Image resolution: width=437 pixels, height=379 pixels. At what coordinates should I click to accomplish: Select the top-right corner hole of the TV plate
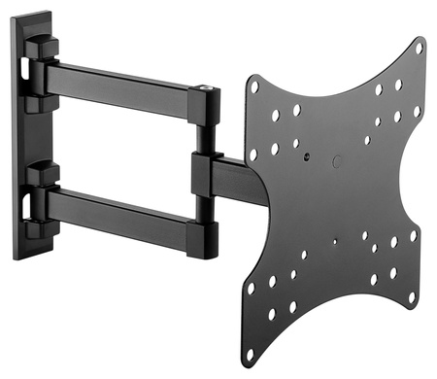pyautogui.click(x=420, y=45)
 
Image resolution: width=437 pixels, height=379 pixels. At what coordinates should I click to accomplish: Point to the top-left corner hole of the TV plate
pyautogui.click(x=255, y=86)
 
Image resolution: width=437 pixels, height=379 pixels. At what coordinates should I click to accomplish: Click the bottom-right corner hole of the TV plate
pyautogui.click(x=411, y=295)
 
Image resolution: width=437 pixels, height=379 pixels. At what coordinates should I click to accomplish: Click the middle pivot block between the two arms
pyautogui.click(x=207, y=173)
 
